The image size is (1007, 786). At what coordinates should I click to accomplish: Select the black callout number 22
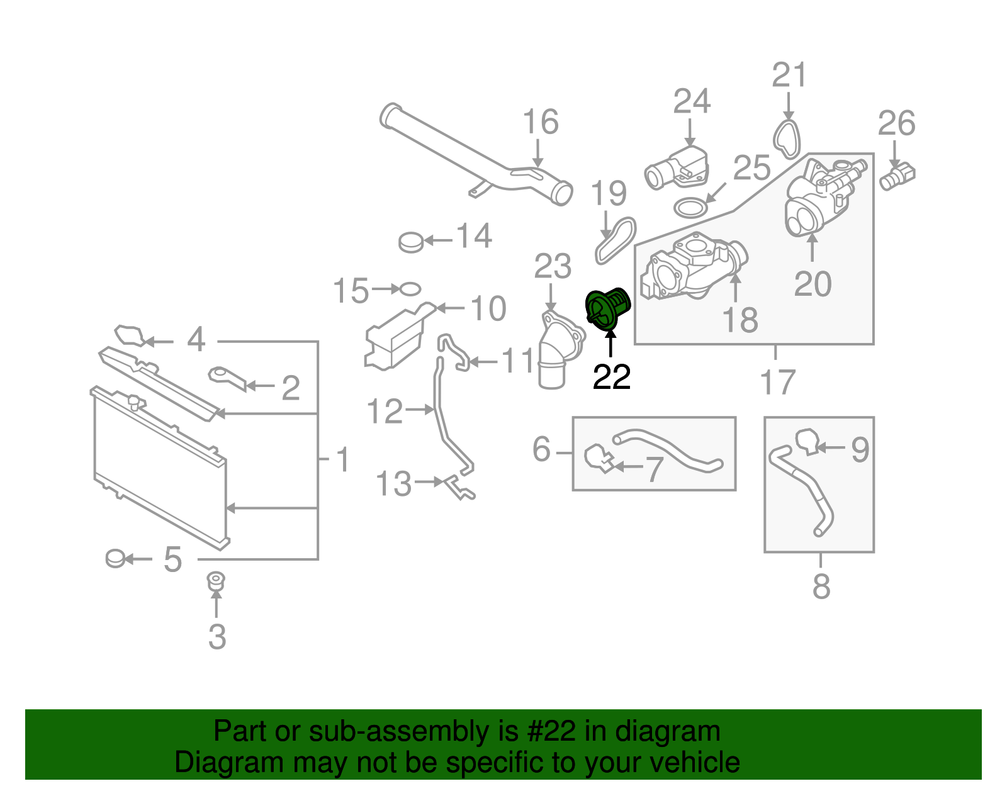tap(612, 378)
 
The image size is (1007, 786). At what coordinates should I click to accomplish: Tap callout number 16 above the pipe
tap(540, 122)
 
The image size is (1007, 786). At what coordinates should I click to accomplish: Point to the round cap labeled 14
tap(411, 241)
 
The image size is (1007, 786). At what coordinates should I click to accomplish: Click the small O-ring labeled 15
tap(410, 289)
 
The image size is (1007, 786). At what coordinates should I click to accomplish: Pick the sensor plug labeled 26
tap(898, 176)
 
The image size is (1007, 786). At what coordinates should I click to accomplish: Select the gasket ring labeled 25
tap(690, 206)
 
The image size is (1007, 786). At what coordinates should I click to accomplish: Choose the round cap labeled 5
tap(116, 558)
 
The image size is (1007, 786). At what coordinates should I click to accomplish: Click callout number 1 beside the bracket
tap(342, 460)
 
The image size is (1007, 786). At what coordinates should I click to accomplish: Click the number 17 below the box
tap(778, 382)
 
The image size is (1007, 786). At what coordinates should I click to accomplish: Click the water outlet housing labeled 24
tap(677, 169)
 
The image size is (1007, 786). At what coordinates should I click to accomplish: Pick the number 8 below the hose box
tap(821, 587)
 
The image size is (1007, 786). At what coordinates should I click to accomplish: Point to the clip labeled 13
tap(459, 488)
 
